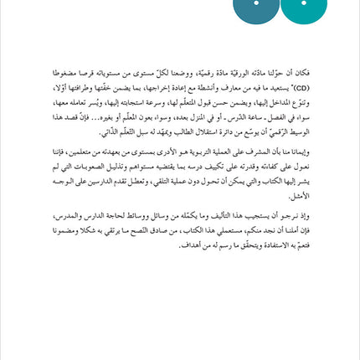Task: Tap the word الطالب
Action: (163, 131)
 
